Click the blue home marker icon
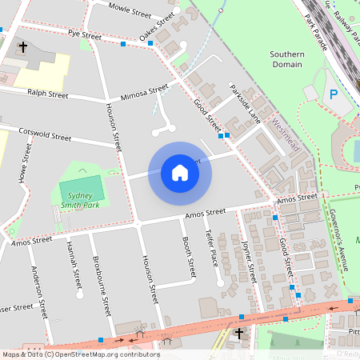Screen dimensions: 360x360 click(180, 173)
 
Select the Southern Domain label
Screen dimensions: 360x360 click(286, 59)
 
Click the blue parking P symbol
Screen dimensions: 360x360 click(333, 95)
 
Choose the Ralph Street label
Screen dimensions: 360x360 click(47, 93)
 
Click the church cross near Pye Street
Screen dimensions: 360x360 click(22, 48)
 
